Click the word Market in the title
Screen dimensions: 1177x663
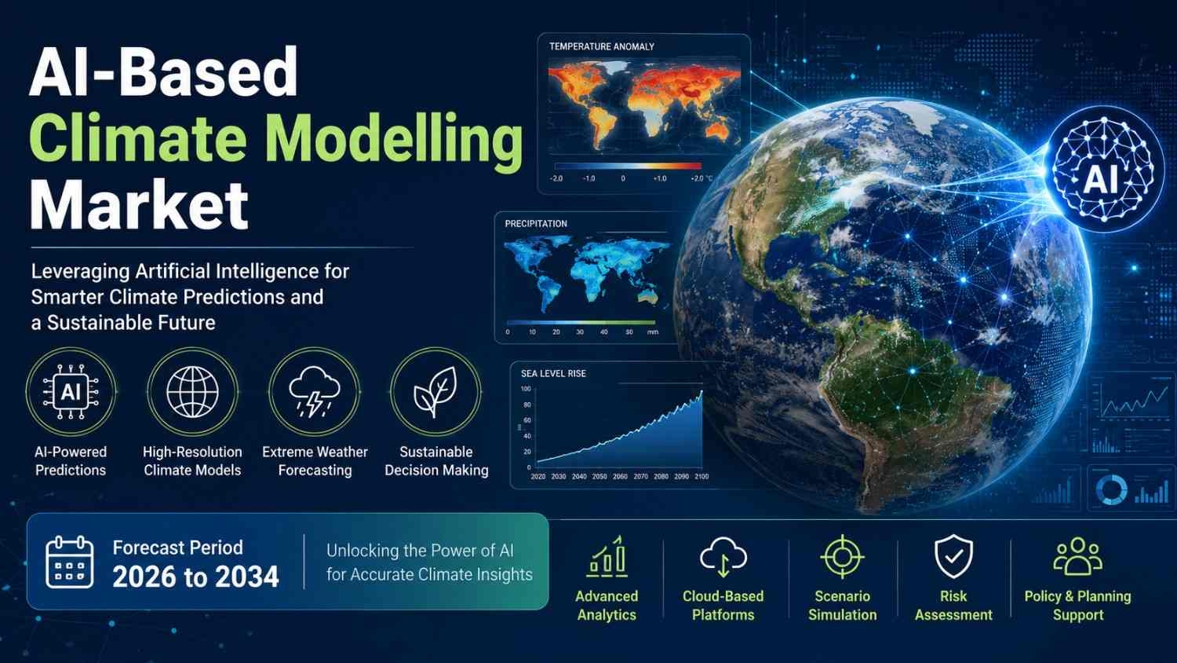(139, 205)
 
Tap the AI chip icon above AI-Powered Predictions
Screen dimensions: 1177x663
(71, 391)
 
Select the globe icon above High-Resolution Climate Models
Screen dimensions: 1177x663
(192, 392)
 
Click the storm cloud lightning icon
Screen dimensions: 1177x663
(314, 391)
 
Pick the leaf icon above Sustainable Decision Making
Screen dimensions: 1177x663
(435, 392)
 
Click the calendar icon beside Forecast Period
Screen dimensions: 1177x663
(70, 562)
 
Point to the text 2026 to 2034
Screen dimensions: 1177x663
(195, 577)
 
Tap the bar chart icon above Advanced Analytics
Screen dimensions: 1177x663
(607, 555)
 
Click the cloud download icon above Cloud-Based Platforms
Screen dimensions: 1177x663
(723, 557)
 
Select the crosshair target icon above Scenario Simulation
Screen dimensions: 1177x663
(842, 557)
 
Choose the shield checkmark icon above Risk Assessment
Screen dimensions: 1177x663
(953, 556)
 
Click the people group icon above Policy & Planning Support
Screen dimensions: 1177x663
(1077, 556)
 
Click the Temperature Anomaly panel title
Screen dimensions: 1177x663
(602, 47)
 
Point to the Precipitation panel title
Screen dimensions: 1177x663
(536, 224)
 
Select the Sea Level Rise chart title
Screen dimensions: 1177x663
(553, 374)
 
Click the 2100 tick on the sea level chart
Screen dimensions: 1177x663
(701, 476)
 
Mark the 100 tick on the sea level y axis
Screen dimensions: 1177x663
(526, 389)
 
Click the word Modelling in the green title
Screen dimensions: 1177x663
(398, 137)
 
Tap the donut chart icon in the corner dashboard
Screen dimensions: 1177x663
(1112, 489)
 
